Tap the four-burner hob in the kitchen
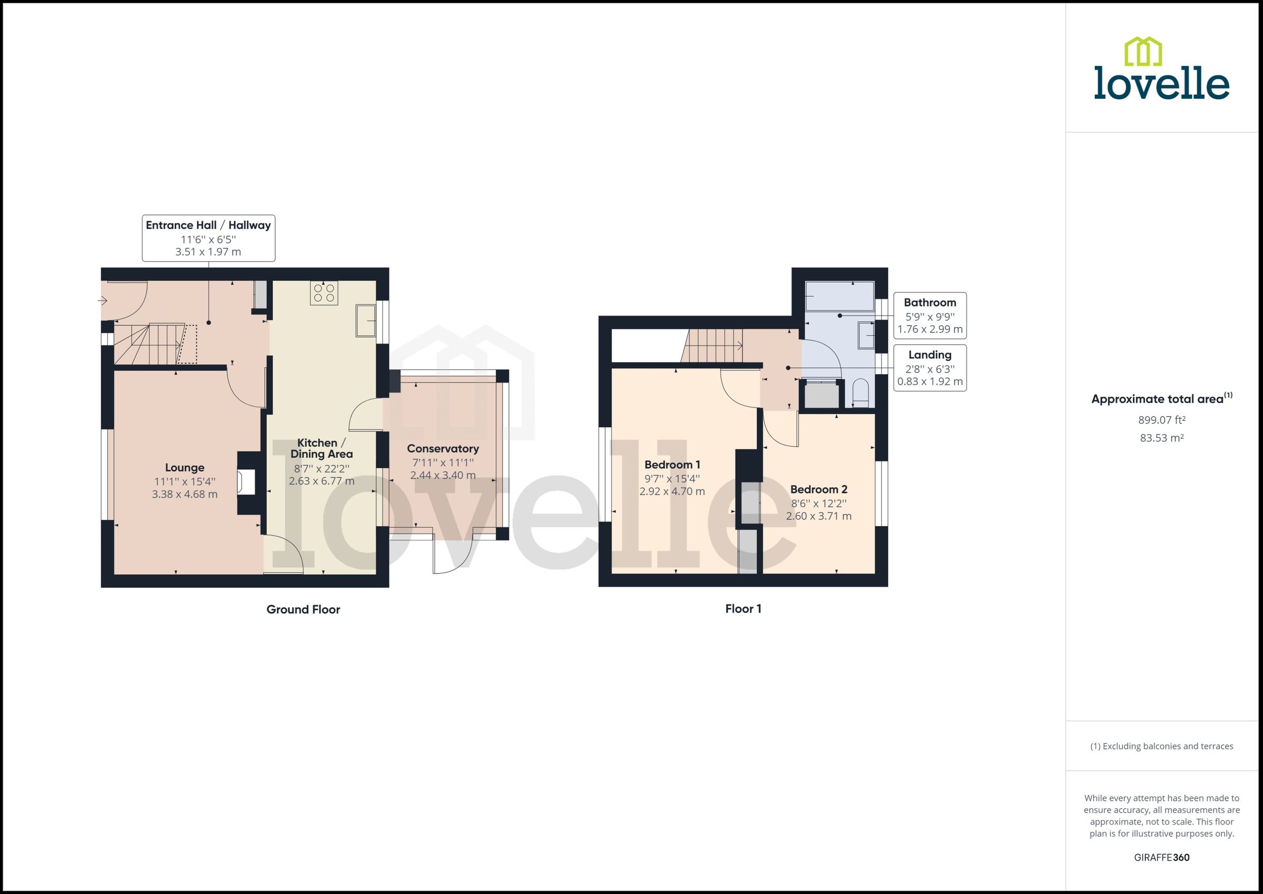[324, 293]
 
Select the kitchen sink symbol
[366, 320]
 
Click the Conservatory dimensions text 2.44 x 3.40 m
[443, 475]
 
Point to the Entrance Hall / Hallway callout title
[208, 225]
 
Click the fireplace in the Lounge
[246, 483]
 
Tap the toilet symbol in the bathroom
[860, 393]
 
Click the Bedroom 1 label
[671, 465]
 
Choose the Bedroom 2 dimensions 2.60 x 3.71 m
[818, 516]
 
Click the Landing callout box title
[929, 355]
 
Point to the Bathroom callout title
[929, 302]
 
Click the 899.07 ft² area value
[1161, 420]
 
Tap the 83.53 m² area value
[1161, 438]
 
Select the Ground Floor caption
[303, 609]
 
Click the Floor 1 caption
[743, 609]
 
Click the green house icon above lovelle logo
[1142, 52]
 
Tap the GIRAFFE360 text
[1161, 858]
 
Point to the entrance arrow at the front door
[103, 300]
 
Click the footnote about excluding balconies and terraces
[1161, 747]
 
